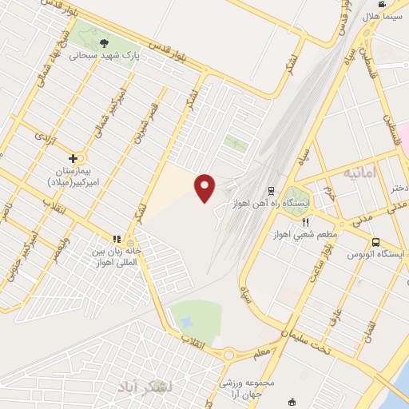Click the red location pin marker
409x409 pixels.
tap(205, 188)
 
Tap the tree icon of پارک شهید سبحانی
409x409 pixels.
tap(106, 42)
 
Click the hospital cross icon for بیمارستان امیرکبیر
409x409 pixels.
tap(73, 158)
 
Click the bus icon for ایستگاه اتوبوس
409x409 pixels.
tap(375, 240)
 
